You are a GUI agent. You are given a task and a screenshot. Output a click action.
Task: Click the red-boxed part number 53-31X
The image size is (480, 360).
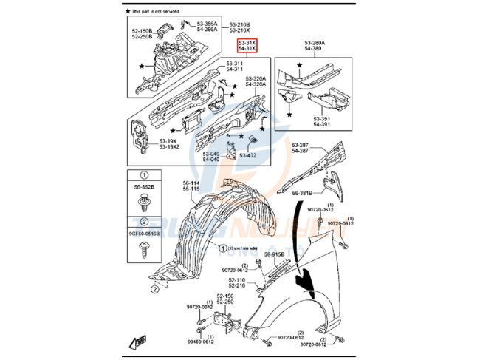(246, 44)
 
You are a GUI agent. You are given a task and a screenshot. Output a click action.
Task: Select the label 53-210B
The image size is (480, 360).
(239, 24)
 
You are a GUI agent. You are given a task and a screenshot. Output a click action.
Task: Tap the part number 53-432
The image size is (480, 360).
(267, 155)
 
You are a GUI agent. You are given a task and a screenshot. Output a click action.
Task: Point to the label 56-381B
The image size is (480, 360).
(303, 193)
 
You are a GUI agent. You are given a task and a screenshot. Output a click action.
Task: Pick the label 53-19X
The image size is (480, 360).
(169, 140)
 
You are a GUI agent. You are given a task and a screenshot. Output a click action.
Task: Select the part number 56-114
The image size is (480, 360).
(191, 183)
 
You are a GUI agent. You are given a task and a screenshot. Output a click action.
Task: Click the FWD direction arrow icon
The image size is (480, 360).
(139, 342)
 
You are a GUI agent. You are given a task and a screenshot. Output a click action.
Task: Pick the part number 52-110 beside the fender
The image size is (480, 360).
(236, 280)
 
